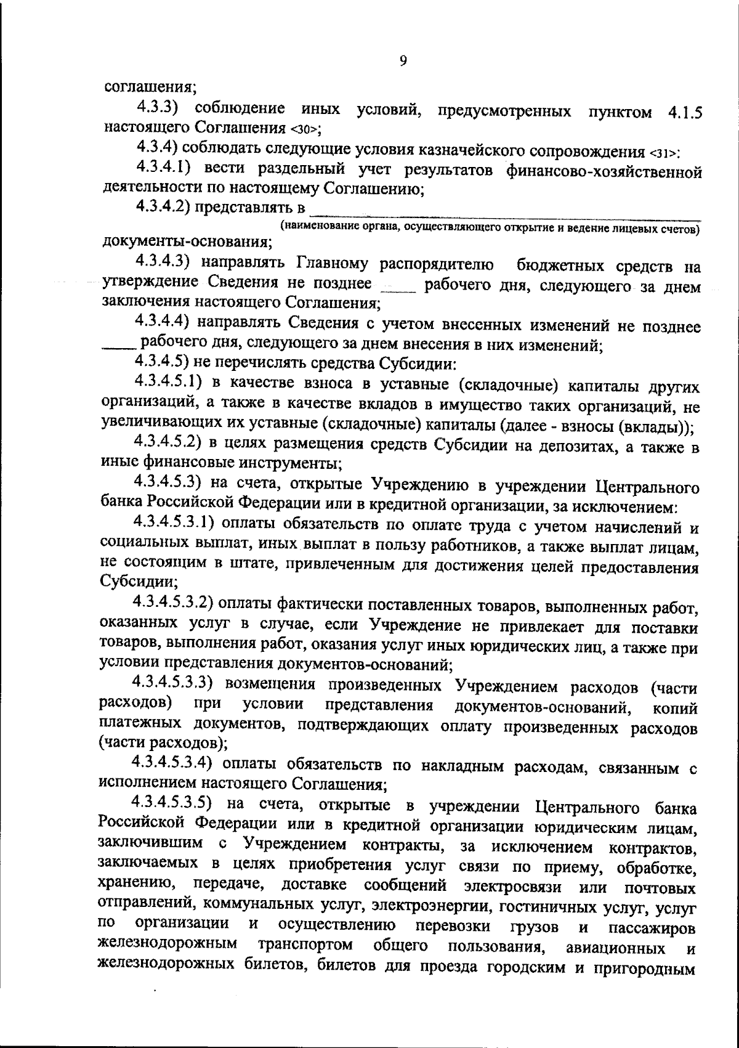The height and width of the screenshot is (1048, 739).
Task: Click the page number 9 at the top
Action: coord(403,60)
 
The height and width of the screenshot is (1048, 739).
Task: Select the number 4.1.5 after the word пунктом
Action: coord(684,113)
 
